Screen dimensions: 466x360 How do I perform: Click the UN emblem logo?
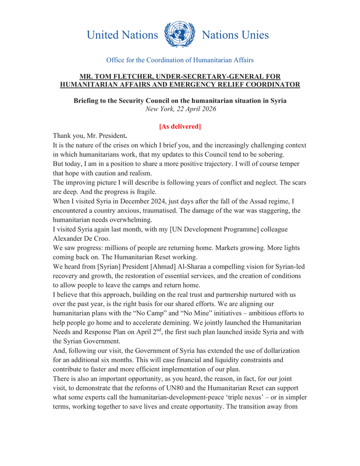(179, 34)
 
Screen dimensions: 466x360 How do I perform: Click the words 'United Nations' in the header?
(122, 35)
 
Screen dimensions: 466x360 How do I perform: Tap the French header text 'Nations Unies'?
(235, 35)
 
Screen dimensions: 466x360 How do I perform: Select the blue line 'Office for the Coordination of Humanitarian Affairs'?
(179, 60)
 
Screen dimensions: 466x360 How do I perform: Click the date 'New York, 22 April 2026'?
(180, 109)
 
